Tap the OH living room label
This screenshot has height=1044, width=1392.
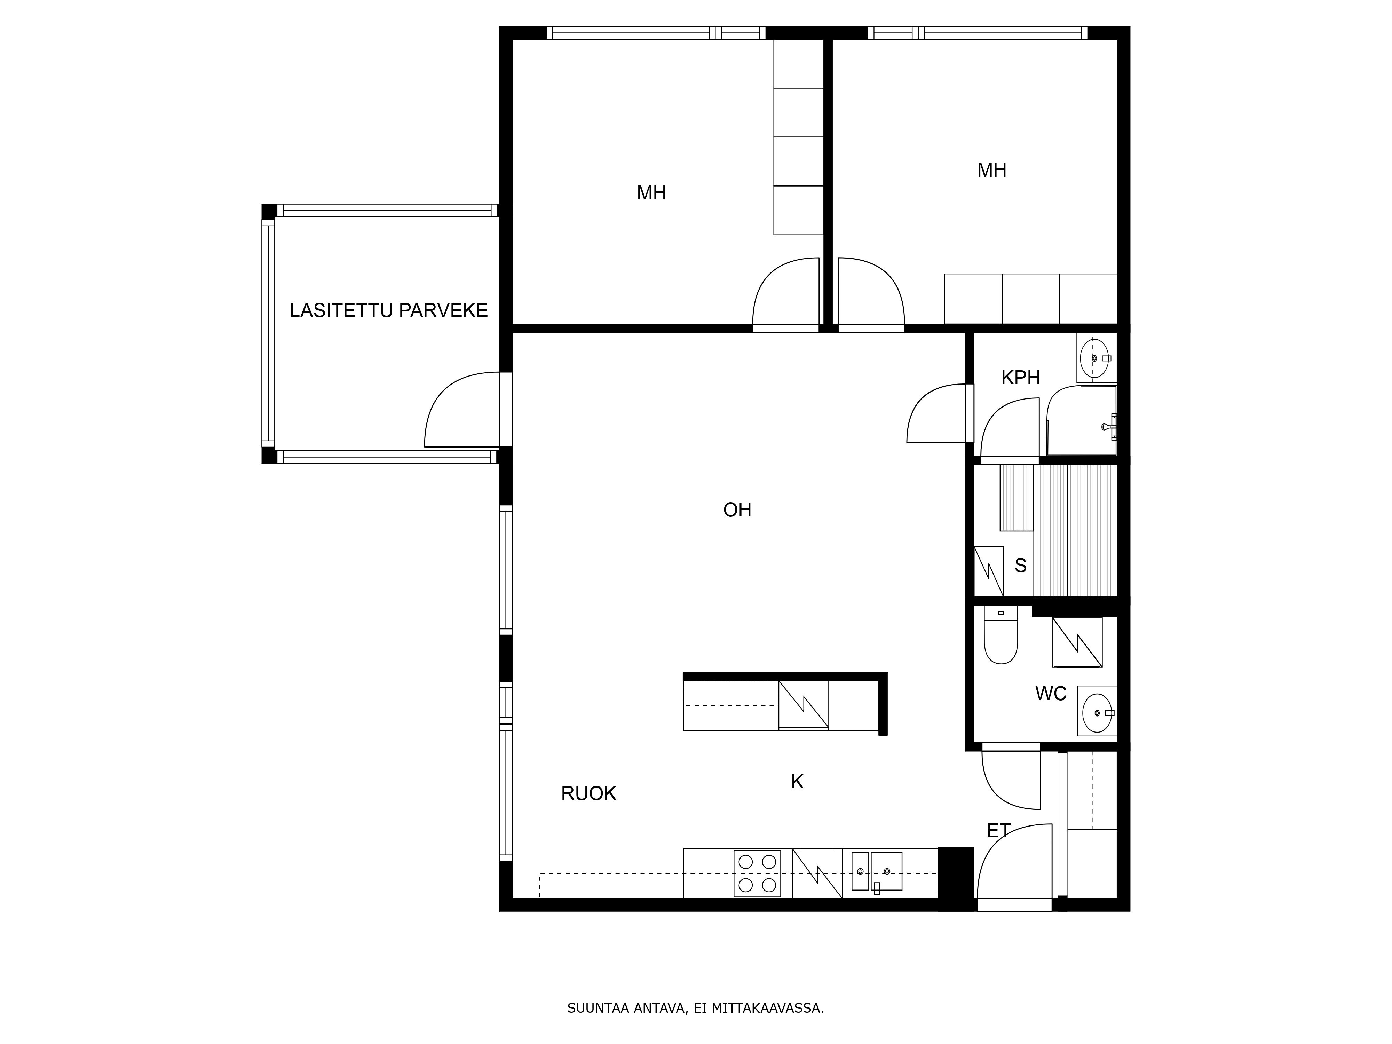[x=737, y=510]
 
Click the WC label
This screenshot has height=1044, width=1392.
[x=1051, y=694]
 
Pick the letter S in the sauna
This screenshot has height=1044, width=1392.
[x=1021, y=566]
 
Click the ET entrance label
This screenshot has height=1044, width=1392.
[x=999, y=831]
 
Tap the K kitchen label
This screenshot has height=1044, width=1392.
[x=797, y=782]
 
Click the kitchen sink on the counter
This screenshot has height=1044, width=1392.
[x=877, y=872]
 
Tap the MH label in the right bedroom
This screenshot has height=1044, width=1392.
[x=992, y=170]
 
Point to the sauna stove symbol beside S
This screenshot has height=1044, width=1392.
[x=989, y=571]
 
